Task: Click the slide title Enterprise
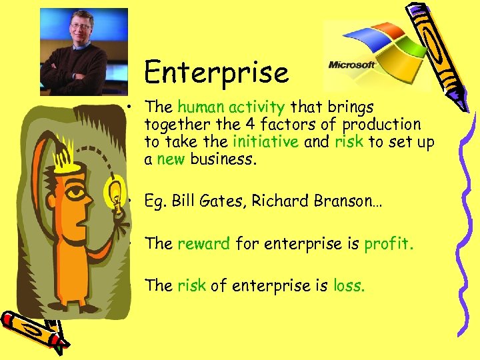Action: (x=217, y=73)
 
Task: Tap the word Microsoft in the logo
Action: (x=351, y=65)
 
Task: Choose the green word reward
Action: (x=204, y=244)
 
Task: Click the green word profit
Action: (x=388, y=244)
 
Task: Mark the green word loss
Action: (x=348, y=286)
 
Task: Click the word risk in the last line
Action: (x=192, y=286)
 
